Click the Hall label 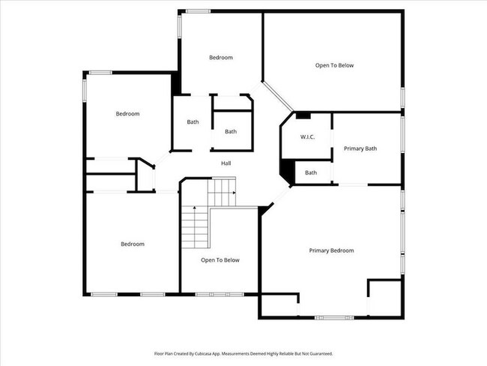[x=226, y=163]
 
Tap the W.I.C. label [x=307, y=136]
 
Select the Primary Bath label [x=360, y=148]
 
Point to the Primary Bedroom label [x=331, y=250]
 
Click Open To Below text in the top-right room [x=334, y=65]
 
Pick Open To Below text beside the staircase [x=220, y=260]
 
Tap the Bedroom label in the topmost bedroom [x=221, y=58]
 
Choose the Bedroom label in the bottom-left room [x=133, y=244]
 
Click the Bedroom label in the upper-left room [x=127, y=114]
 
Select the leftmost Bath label [x=193, y=122]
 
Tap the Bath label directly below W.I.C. [x=311, y=173]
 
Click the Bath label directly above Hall [x=231, y=132]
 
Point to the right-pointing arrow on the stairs [x=234, y=193]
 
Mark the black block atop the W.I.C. [x=303, y=115]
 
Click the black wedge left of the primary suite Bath [x=286, y=172]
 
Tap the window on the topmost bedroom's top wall [x=198, y=10]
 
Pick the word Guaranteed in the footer [x=320, y=353]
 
